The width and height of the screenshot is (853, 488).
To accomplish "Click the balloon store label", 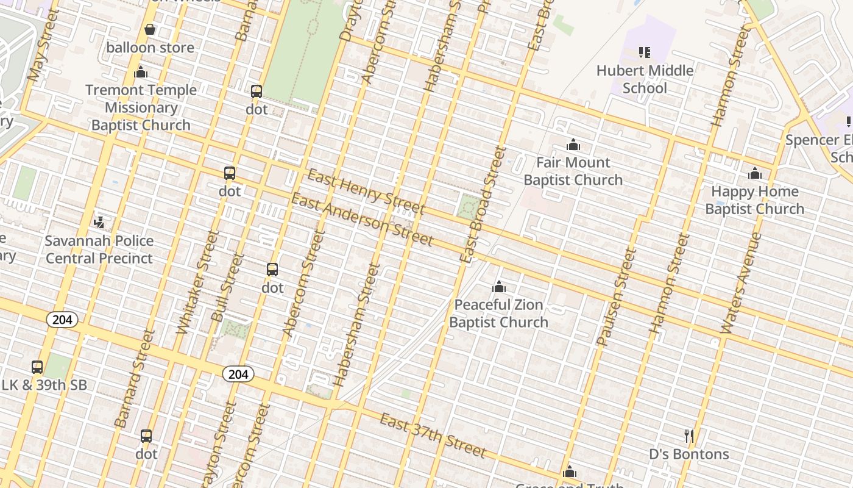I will coord(150,48).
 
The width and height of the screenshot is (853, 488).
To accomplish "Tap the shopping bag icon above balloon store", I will coord(150,29).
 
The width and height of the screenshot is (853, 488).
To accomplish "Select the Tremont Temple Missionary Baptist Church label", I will coord(141,107).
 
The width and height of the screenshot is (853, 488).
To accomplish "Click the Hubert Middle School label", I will coord(645,79).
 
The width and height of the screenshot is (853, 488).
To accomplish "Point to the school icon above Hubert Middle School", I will coord(645,52).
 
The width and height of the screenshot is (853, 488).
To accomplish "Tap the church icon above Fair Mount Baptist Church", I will coord(573,145).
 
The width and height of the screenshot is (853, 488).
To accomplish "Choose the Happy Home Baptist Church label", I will coord(754,200).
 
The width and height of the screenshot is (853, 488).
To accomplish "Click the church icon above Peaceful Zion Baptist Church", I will coord(499,287).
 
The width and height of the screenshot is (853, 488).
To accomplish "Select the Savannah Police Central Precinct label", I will coord(99,249).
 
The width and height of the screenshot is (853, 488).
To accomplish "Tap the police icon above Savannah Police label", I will coord(99,223).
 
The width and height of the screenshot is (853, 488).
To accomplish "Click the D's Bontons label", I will coord(688,454).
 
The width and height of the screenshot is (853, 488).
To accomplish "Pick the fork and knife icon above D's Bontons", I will coord(689,436).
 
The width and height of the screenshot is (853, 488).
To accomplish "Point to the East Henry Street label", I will coord(366,192).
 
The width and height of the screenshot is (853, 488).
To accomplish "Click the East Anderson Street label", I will coord(362,219).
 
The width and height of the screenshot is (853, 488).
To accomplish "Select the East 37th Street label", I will coord(433,435).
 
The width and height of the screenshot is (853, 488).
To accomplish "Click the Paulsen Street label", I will coord(616,296).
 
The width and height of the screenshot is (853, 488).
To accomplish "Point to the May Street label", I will coord(43,46).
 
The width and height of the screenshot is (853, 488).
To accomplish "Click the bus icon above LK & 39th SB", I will coord(37,367).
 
